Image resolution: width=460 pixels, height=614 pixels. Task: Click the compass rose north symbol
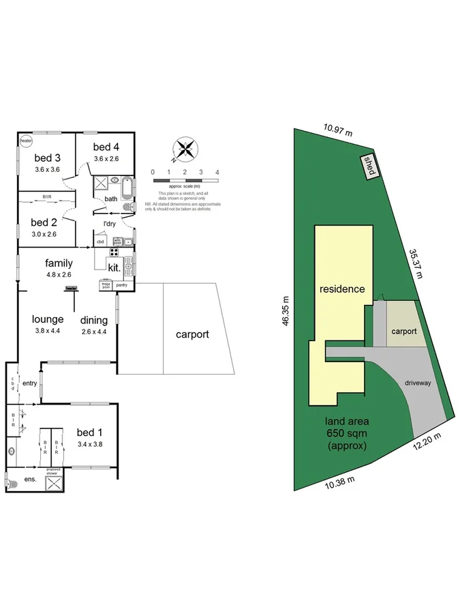(x=185, y=149)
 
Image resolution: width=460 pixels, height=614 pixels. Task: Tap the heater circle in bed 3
(x=27, y=141)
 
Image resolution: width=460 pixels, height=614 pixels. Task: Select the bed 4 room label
(x=106, y=147)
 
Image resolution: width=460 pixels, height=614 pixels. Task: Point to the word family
(x=59, y=263)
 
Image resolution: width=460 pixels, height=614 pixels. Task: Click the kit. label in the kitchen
(x=113, y=267)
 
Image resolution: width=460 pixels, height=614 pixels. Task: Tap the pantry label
(x=122, y=284)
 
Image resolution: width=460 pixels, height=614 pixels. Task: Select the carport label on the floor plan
(x=192, y=335)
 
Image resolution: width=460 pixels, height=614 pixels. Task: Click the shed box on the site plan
(x=369, y=166)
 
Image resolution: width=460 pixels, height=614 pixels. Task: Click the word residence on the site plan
(x=342, y=289)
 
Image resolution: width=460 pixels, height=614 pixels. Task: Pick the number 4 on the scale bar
(x=216, y=172)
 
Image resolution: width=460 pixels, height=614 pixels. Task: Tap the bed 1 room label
(x=89, y=432)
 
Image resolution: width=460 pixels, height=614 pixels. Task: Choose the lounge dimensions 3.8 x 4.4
(x=48, y=332)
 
